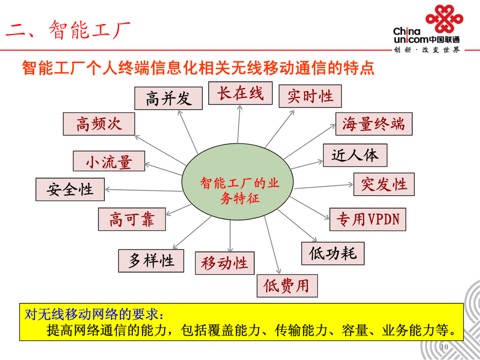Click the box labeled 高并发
pos(168,98)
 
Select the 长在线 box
pos(240,93)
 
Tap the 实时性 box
pos(310,96)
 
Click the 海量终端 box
pos(374,124)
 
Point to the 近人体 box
pos(355,155)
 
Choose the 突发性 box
pos(384,185)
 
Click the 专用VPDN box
pos(367,219)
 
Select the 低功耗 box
pos(333,254)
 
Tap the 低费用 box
pos(287,286)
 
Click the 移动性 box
pos(224,263)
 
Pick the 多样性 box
pos(151,261)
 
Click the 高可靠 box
pos(132,219)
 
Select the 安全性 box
pos(70,189)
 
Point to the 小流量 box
pos(109,161)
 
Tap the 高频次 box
pos(99,124)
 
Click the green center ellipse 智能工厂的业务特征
pos(238,182)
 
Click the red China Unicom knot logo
pos(444,19)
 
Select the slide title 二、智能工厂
pos(68,30)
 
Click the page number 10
pos(444,347)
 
